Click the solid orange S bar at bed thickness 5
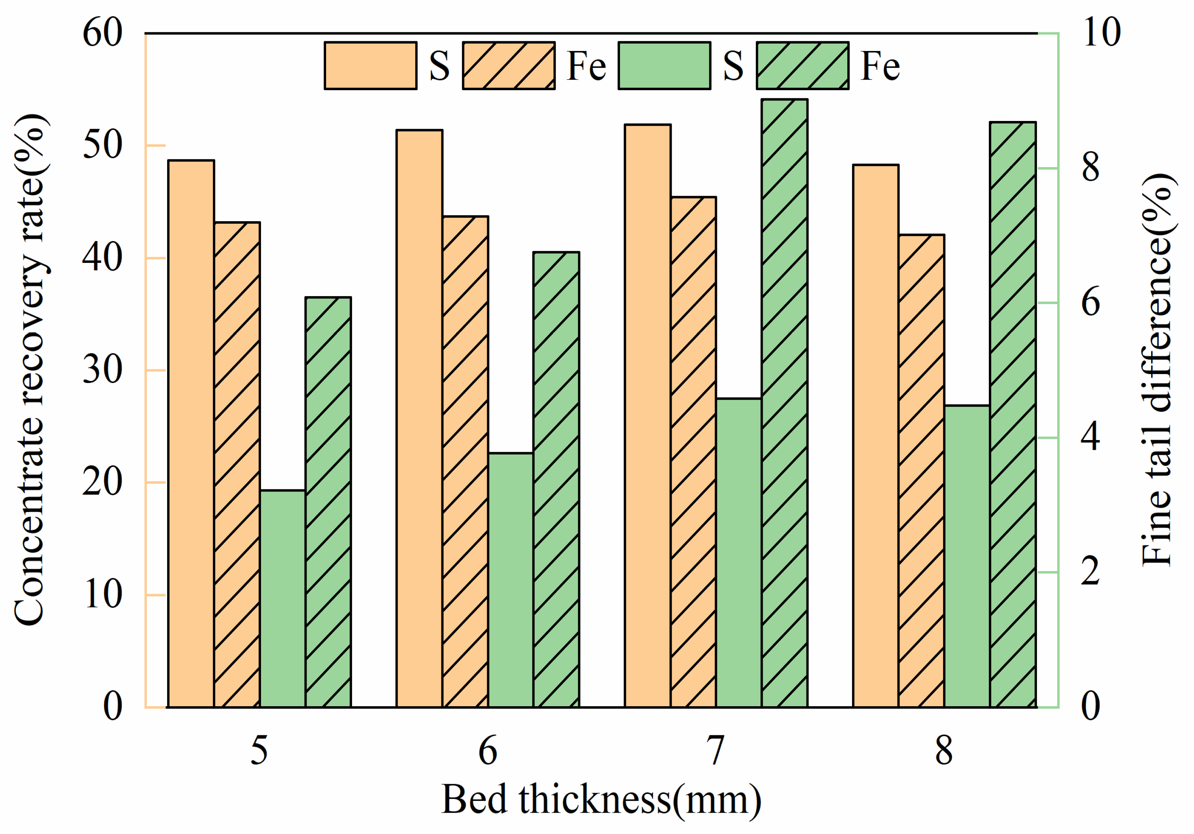[x=190, y=434]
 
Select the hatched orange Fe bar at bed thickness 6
[x=465, y=462]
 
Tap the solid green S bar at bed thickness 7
[x=739, y=553]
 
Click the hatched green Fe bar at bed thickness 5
[x=328, y=502]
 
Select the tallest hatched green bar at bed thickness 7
[x=785, y=403]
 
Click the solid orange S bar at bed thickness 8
[x=876, y=436]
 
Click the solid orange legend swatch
[x=370, y=66]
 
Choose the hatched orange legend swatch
[x=509, y=66]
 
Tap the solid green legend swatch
[x=664, y=66]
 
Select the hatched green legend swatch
[x=802, y=66]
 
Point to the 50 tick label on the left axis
[x=102, y=145]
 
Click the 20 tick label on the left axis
[x=102, y=482]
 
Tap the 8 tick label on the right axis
[x=1090, y=168]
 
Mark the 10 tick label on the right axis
[x=1101, y=33]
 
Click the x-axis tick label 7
[x=716, y=751]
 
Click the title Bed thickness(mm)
[x=602, y=799]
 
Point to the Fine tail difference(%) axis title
[x=1158, y=370]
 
